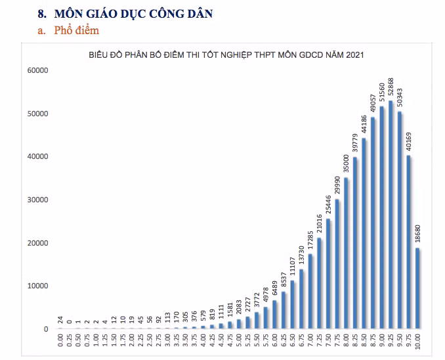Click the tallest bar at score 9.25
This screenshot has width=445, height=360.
[391, 215]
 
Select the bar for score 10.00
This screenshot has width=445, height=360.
[417, 288]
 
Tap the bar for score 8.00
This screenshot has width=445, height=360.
[346, 253]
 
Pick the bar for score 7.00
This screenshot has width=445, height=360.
[310, 291]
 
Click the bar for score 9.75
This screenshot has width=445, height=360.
[408, 242]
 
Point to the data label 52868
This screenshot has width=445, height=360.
[391, 88]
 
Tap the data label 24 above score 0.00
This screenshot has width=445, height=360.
[60, 320]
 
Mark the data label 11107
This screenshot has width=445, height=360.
[292, 267]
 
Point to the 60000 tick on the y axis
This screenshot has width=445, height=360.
[38, 70]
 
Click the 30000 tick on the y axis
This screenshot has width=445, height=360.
[38, 200]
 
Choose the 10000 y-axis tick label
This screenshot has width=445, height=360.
[38, 286]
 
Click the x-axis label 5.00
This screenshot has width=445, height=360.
[239, 340]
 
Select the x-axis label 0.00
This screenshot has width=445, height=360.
[60, 340]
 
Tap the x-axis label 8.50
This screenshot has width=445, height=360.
[364, 340]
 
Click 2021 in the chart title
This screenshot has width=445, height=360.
[354, 55]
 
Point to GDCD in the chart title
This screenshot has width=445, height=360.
[311, 55]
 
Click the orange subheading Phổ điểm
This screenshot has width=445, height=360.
[77, 30]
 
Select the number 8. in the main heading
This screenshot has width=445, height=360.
[42, 14]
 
